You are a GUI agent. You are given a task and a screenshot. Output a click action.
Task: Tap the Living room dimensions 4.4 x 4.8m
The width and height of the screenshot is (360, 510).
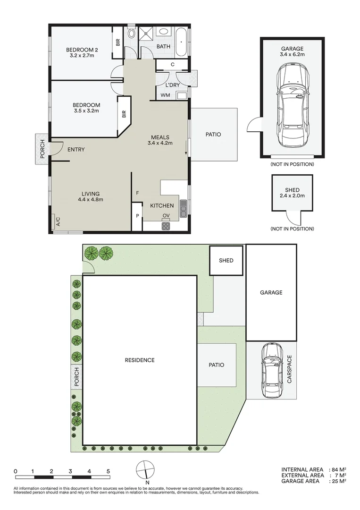click(90, 199)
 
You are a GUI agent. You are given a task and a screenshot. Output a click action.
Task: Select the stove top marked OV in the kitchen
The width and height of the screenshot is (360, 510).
click(166, 226)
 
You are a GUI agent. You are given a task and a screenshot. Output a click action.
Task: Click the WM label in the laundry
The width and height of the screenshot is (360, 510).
click(165, 95)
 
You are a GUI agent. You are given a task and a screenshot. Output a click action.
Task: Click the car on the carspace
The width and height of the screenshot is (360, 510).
click(271, 371)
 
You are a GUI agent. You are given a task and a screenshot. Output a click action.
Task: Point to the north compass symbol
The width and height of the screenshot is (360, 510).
click(146, 470)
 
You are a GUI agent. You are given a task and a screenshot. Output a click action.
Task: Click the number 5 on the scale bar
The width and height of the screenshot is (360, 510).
click(108, 471)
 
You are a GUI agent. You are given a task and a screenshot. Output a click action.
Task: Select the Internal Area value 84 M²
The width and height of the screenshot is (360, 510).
click(339, 469)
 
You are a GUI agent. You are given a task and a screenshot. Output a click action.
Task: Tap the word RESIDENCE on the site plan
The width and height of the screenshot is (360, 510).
click(139, 360)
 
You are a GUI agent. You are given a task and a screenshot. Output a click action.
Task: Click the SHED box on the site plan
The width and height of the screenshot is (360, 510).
click(226, 260)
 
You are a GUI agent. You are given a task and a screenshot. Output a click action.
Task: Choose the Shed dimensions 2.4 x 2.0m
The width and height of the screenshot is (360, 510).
click(292, 195)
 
